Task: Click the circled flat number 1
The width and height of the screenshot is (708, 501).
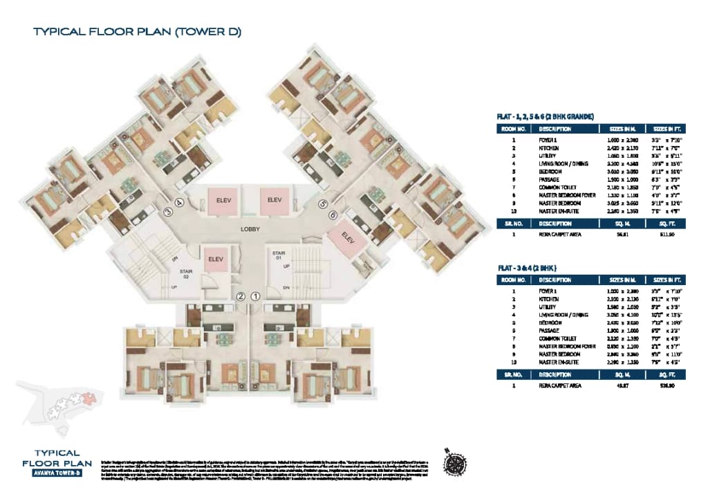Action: coord(255,296)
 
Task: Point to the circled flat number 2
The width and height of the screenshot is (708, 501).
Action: coord(240,296)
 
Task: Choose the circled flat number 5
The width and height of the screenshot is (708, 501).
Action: coord(322,204)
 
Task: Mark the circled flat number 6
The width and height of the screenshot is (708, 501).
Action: coord(333,215)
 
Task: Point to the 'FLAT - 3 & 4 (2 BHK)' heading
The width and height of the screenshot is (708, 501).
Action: coord(528,267)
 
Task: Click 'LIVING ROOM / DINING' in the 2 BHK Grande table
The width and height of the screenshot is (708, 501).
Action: coord(563,163)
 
